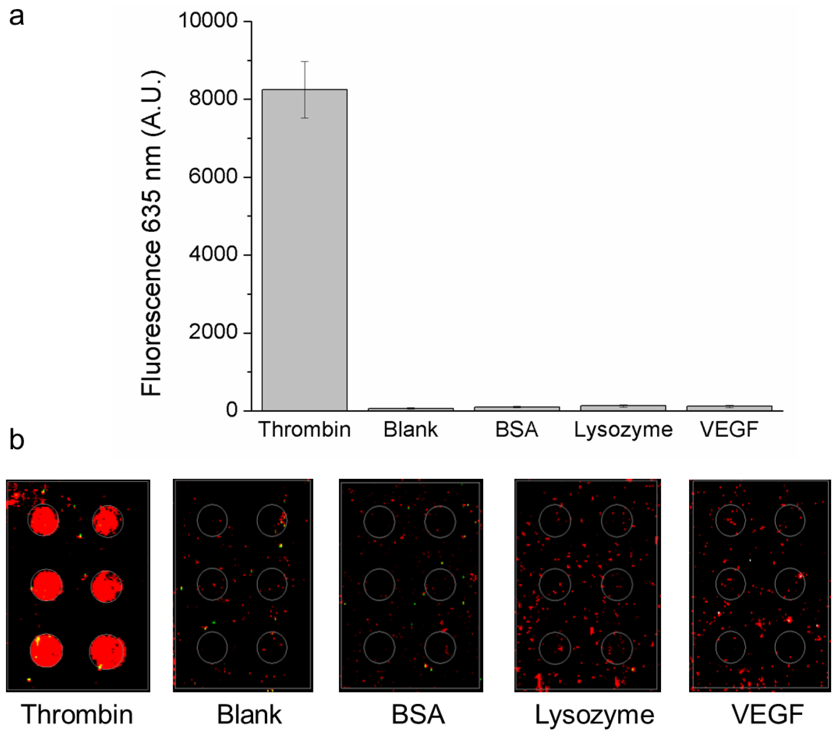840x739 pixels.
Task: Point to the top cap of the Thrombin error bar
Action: click(305, 62)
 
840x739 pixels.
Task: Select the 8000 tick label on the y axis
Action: click(213, 98)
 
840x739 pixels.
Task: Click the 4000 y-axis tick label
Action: click(213, 254)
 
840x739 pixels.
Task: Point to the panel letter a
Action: click(16, 17)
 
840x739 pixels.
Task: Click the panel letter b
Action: click(16, 440)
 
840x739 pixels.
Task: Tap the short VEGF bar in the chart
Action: click(729, 408)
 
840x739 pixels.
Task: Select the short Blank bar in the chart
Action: click(411, 409)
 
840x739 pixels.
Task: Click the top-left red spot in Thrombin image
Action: click(43, 520)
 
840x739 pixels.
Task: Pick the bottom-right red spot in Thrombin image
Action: click(107, 652)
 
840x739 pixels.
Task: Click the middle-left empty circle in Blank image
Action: click(212, 584)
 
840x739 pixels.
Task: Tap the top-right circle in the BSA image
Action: click(440, 522)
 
